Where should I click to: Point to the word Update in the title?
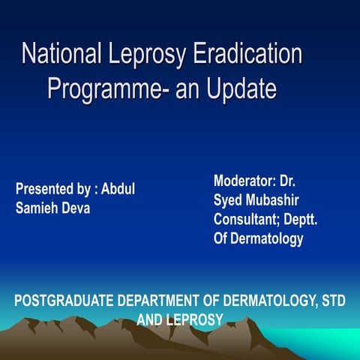tap(239, 88)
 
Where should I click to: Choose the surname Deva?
tap(79, 208)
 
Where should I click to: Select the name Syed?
tap(228, 201)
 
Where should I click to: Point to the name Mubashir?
tap(274, 201)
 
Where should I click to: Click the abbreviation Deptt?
tap(311, 220)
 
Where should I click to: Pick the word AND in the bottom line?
tap(151, 320)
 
